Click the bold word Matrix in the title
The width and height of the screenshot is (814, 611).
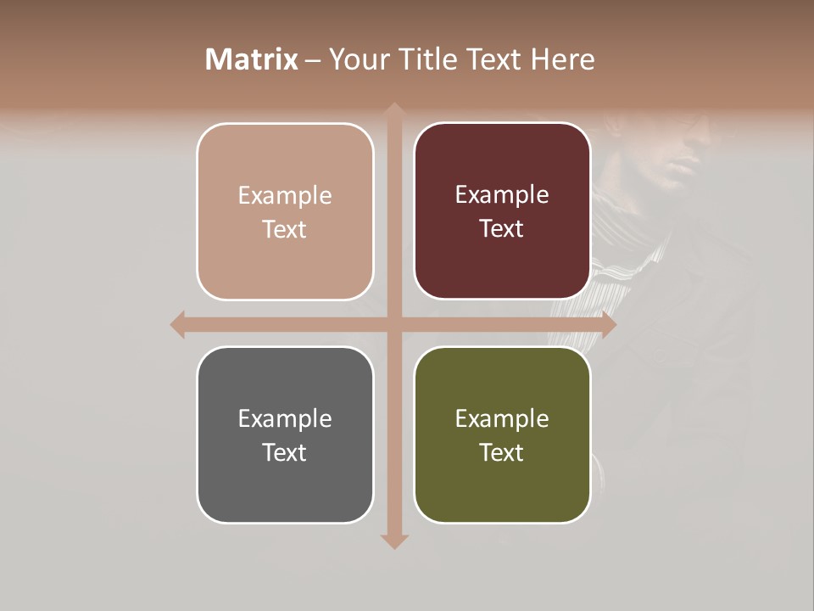[252, 59]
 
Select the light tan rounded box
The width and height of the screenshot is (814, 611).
[285, 211]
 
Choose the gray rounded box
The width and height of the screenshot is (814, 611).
[285, 434]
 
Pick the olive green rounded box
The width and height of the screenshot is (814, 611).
[502, 434]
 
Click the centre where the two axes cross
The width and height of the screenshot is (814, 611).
[393, 324]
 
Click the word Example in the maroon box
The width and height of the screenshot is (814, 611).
[502, 194]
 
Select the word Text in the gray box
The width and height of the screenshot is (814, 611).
[285, 452]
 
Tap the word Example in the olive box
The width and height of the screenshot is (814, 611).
[502, 418]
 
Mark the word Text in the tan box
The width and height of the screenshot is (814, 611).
[285, 229]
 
